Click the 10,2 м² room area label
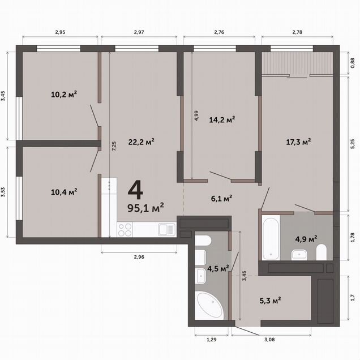64,94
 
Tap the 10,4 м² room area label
64,192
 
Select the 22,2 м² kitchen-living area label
141,142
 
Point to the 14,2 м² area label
222,119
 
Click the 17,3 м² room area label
298,142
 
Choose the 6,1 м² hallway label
221,198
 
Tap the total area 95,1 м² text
145,208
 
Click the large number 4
135,190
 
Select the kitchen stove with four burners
125,230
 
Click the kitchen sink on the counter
166,230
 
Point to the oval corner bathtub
209,305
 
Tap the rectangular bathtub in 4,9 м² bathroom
271,238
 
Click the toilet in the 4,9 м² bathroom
321,252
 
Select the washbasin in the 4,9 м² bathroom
299,255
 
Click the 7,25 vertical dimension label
114,146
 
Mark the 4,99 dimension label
196,115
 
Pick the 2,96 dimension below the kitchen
139,257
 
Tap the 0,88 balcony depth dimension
353,63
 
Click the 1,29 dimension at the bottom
212,340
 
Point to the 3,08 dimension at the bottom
269,340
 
